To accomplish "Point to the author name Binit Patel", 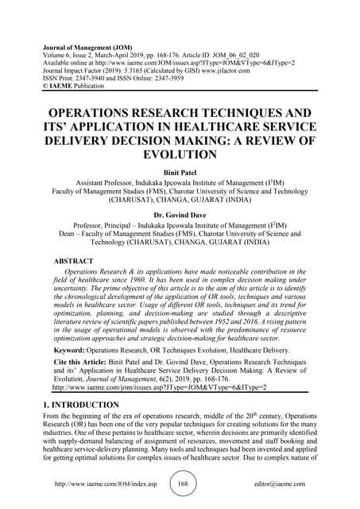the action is click(x=180, y=171).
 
